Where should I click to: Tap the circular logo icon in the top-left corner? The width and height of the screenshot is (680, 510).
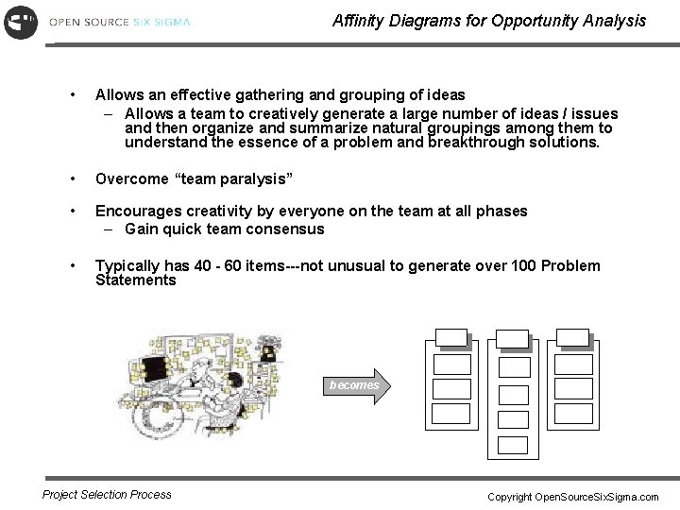pyautogui.click(x=21, y=21)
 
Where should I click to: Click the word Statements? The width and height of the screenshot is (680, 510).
pyautogui.click(x=135, y=280)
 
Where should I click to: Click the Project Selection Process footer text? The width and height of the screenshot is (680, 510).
pyautogui.click(x=107, y=494)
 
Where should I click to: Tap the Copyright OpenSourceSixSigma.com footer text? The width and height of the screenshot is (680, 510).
pyautogui.click(x=572, y=496)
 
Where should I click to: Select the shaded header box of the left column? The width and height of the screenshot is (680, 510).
pyautogui.click(x=450, y=336)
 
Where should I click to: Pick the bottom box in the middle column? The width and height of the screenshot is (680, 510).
pyautogui.click(x=513, y=445)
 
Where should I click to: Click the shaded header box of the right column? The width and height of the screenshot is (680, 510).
pyautogui.click(x=572, y=336)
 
